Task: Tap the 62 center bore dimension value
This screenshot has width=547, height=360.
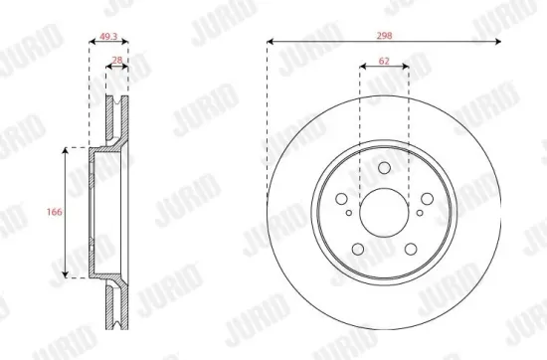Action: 383,61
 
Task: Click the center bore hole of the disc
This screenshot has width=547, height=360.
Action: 383,211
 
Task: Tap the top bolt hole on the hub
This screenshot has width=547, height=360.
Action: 383,168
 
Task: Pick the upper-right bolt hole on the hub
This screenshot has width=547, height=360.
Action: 424,197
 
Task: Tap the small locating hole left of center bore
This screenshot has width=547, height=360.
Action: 347,212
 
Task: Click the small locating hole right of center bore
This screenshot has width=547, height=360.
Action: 420,212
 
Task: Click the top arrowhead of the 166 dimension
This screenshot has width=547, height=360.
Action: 68,150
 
